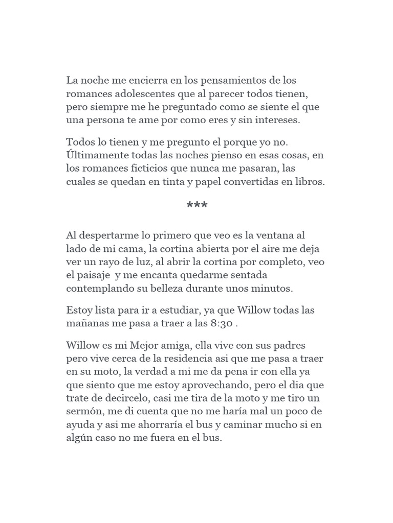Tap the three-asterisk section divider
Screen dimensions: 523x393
coord(197,207)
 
